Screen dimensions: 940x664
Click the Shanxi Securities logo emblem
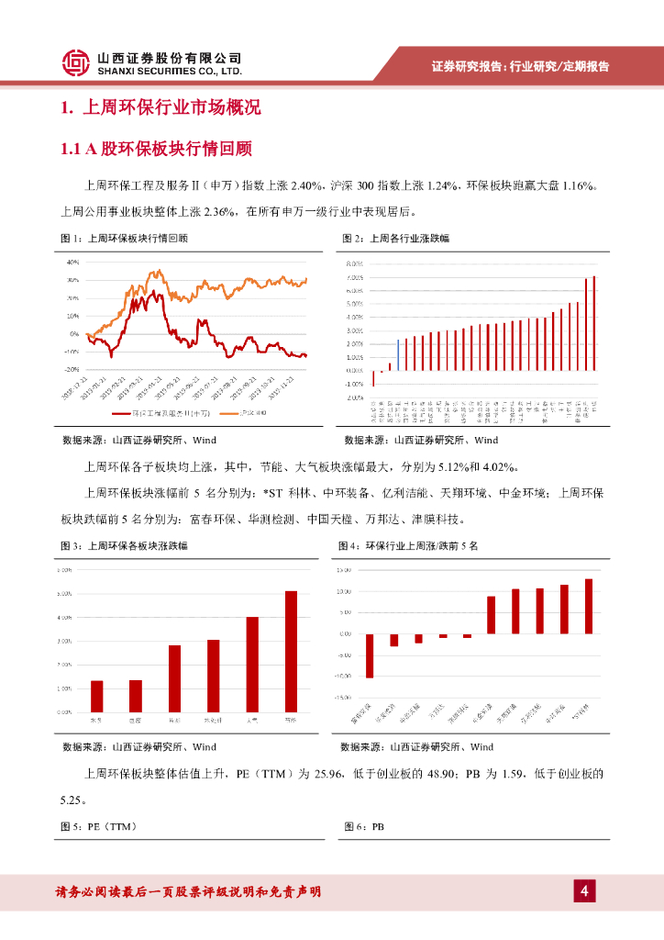coord(76,62)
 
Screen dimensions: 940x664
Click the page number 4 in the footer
coord(583,890)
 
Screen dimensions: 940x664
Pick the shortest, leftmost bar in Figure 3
coord(96,696)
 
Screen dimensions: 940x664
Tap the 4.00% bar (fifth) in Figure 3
coord(252,664)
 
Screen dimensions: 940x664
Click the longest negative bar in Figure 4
coord(370,655)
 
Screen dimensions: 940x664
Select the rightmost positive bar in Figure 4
coord(588,606)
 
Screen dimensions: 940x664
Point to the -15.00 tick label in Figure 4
coord(346,697)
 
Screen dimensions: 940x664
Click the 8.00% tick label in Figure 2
coord(355,263)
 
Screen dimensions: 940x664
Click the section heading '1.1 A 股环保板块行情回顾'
coord(155,148)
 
